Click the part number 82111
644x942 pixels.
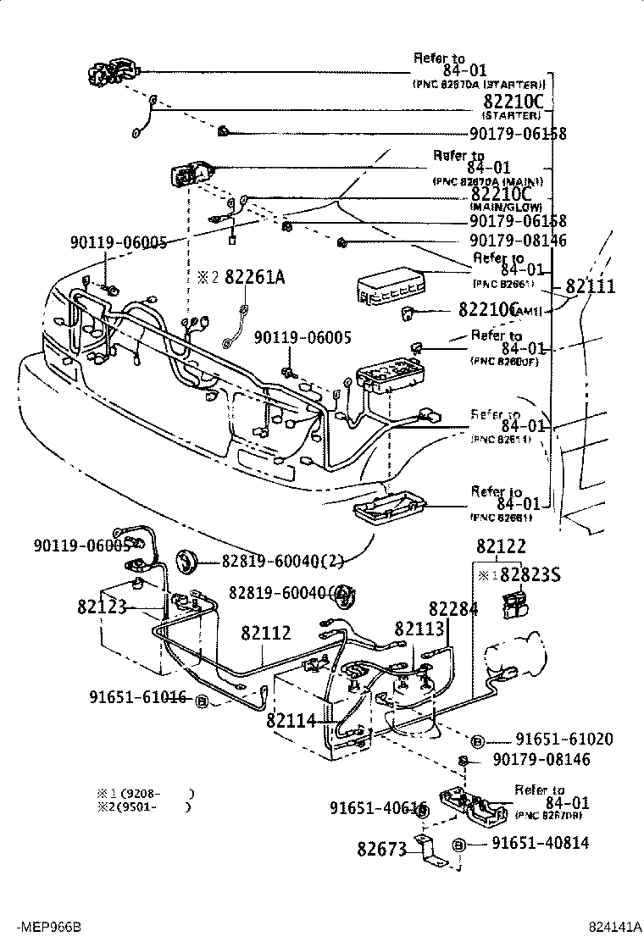[x=591, y=286]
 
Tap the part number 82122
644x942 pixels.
[x=501, y=547]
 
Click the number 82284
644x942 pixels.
[x=452, y=608]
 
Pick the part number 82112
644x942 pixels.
[x=265, y=633]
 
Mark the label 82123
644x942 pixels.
[x=102, y=607]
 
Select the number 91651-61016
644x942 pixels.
[x=138, y=697]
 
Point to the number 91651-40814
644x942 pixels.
[x=540, y=843]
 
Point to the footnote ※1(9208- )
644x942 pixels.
[x=146, y=793]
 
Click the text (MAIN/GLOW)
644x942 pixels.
[x=506, y=208]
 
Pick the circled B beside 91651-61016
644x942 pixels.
[x=202, y=701]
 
